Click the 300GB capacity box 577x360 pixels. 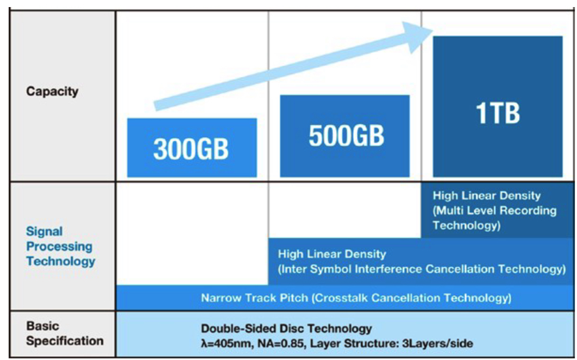pos(192,148)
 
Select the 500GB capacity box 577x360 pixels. pos(345,136)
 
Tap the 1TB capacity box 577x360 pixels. pos(498,106)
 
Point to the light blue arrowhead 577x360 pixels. pos(418,36)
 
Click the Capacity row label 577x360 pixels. pos(52,91)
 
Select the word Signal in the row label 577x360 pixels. pos(44,231)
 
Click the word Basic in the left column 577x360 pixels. pos(42,326)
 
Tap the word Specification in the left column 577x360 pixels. pos(65,341)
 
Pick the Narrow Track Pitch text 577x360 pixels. pos(254,298)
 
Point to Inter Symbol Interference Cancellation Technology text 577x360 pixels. pos(423,269)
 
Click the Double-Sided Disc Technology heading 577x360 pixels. pos(286,329)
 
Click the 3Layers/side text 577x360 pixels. pos(437,344)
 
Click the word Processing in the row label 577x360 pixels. pos(59,247)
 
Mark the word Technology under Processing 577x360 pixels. pos(61,261)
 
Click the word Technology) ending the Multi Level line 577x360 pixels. pos(467,225)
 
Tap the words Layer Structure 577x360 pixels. pos(354,344)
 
